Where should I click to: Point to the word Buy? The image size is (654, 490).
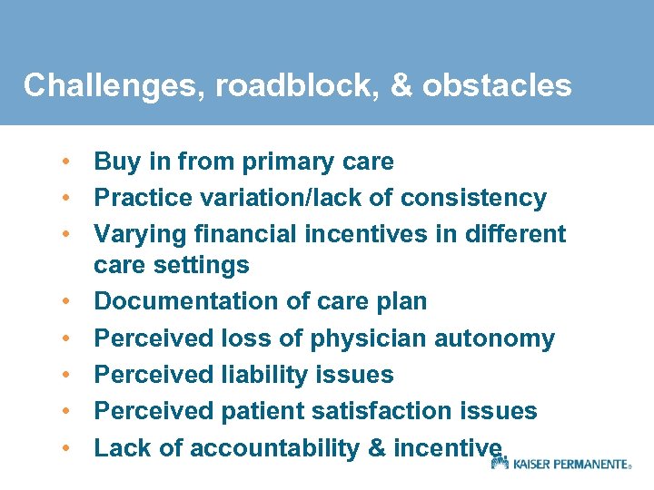(x=116, y=162)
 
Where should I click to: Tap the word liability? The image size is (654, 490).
(x=263, y=375)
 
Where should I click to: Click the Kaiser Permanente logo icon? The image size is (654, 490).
(x=499, y=463)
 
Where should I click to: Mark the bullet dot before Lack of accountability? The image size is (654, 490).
(x=66, y=446)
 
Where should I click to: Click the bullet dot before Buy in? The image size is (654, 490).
(x=66, y=162)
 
